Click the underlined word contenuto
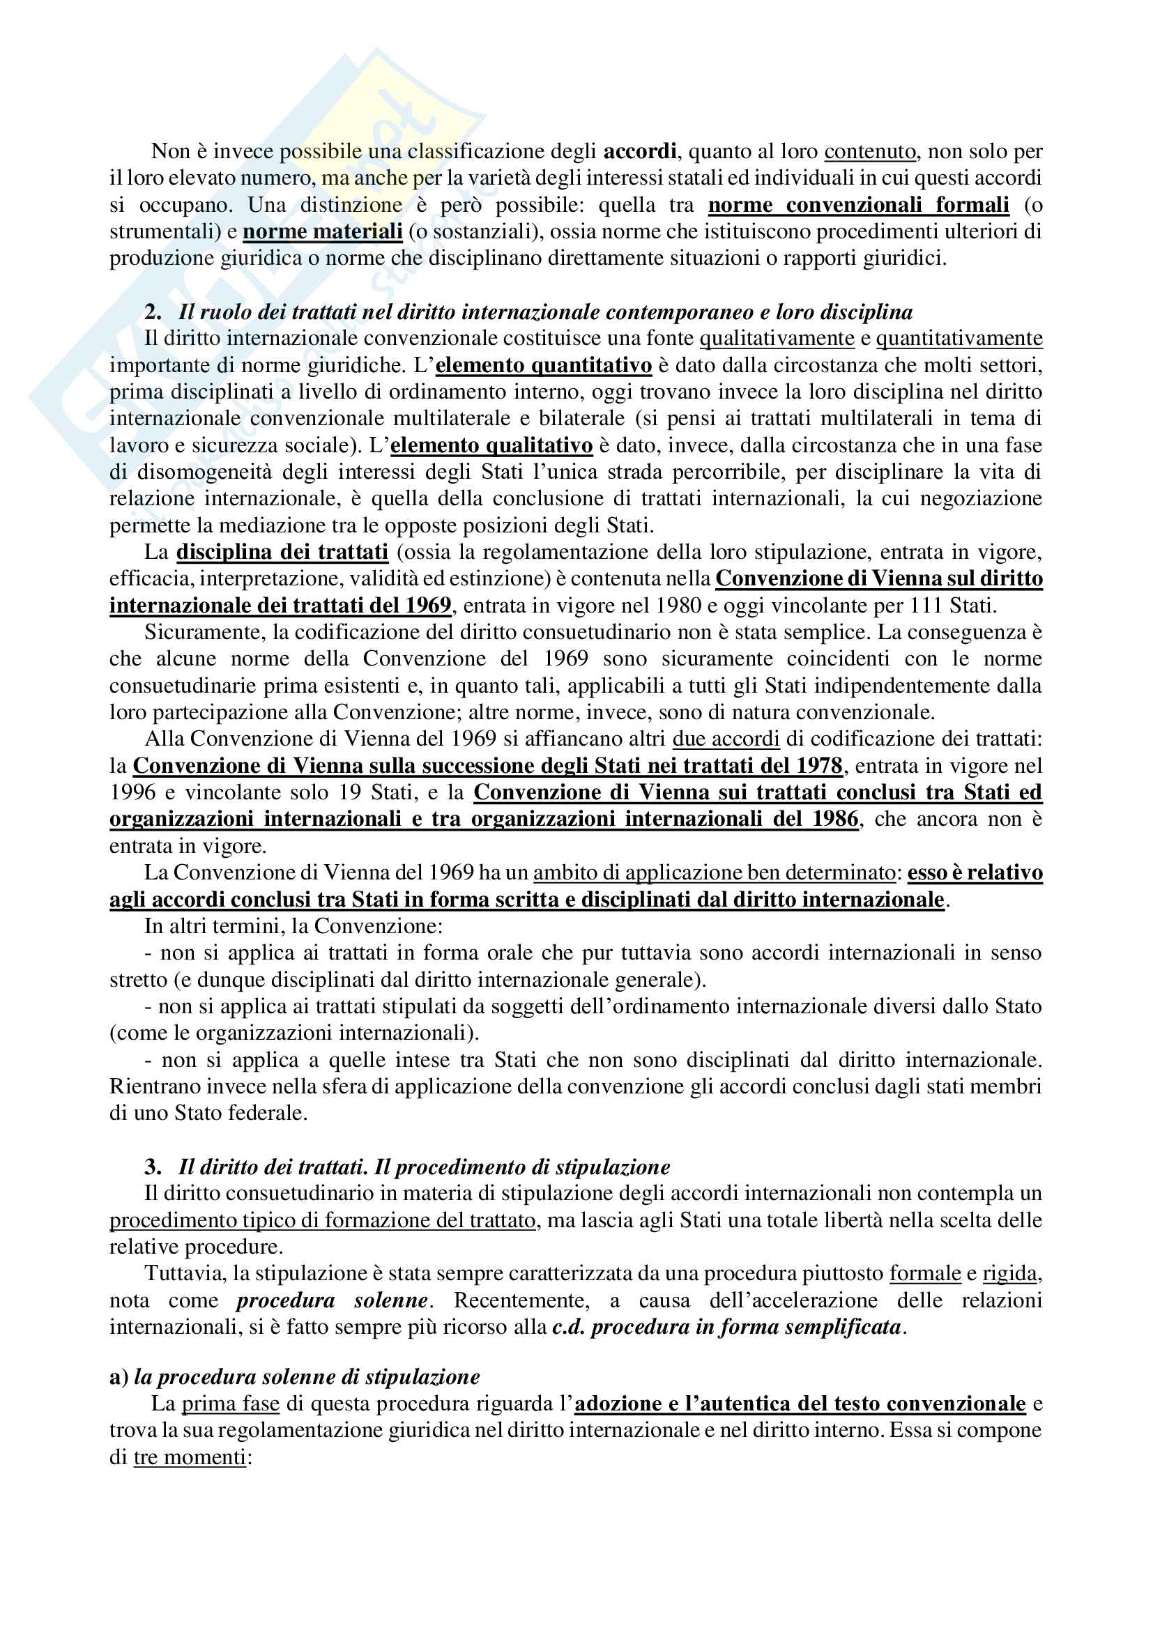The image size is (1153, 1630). (870, 151)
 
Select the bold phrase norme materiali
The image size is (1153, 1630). (322, 231)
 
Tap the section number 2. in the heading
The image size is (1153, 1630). (153, 312)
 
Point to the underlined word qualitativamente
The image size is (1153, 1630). (777, 339)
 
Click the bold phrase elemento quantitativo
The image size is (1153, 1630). (543, 366)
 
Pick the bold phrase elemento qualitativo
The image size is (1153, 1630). (491, 446)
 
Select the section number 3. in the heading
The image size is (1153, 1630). (153, 1167)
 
